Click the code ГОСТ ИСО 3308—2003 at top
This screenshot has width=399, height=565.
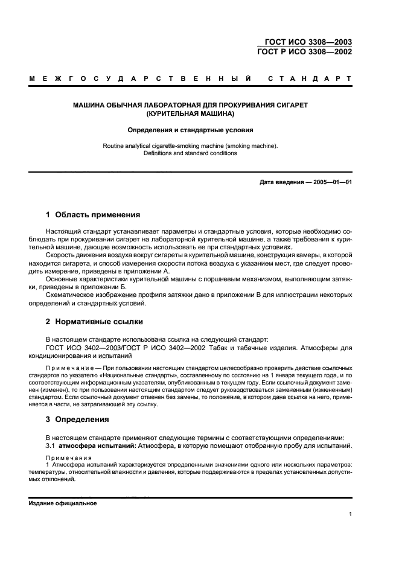pos(308,42)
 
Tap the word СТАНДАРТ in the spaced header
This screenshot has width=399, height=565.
pos(310,78)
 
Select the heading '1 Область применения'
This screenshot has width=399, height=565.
pos(93,214)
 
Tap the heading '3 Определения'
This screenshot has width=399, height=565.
pos(77,419)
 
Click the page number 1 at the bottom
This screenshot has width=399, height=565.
pos(350,514)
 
